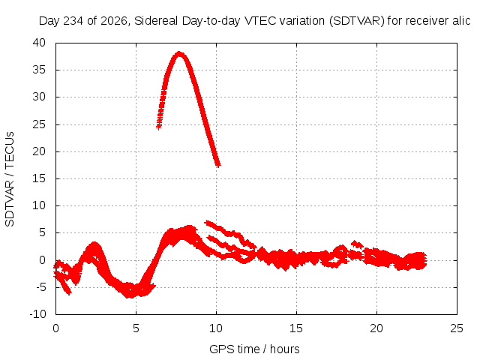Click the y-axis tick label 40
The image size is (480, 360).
coord(39,43)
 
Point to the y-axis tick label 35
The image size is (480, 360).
coord(39,70)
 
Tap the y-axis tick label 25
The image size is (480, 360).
coord(39,124)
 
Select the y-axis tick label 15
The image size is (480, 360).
coord(39,178)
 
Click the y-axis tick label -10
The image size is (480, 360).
coord(37,314)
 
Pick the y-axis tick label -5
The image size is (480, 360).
coord(40,287)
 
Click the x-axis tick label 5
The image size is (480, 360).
coord(136,328)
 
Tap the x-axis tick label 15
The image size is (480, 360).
coord(296,328)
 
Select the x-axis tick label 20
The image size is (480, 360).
coord(376,328)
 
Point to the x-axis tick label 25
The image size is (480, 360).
coord(457,328)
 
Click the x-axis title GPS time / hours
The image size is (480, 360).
coord(254,349)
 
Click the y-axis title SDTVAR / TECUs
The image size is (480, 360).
coord(10,179)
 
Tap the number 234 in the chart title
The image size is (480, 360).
coord(73,21)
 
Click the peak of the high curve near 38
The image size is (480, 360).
coord(179,54)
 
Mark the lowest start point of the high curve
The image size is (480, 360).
coord(158,127)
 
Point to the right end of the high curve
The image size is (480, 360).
coord(218,165)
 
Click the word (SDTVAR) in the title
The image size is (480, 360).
coord(357,21)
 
